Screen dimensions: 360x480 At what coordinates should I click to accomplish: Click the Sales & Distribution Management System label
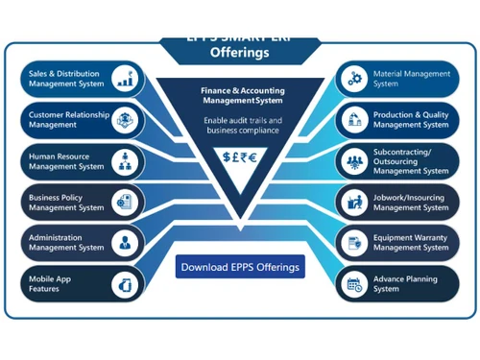point(65,78)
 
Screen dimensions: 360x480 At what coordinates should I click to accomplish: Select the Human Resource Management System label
point(65,160)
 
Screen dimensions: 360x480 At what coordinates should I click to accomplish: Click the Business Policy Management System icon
point(126,201)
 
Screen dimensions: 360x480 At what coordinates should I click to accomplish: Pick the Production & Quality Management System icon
point(355,119)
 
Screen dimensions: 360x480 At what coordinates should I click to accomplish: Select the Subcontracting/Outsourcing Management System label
point(410,160)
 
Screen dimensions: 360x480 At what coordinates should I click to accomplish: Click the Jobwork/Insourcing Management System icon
point(355,201)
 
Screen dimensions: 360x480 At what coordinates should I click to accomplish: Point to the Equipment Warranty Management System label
point(410,242)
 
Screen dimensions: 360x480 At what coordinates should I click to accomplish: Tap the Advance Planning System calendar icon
point(355,282)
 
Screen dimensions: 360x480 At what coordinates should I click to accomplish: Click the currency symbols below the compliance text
point(240,157)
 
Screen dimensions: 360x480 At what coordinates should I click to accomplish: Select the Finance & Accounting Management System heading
point(240,95)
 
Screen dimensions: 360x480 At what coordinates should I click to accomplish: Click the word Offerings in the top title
point(240,54)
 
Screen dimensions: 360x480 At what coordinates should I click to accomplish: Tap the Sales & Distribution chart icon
point(126,79)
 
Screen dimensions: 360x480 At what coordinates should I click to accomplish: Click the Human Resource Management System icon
point(126,160)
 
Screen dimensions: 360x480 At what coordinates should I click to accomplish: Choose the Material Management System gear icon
point(355,78)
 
